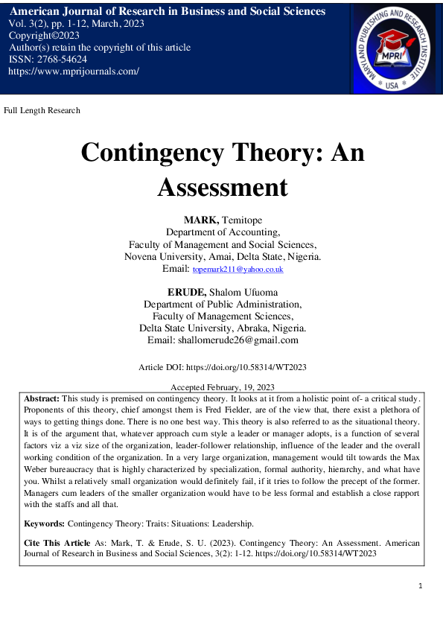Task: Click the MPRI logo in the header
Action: [x=397, y=46]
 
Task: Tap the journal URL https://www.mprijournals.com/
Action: [x=73, y=71]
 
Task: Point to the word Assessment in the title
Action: [x=222, y=186]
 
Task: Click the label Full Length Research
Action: [x=42, y=110]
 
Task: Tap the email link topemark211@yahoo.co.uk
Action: [x=238, y=269]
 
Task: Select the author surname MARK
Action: [x=199, y=220]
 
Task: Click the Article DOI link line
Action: [x=223, y=367]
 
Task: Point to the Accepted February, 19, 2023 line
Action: [x=223, y=387]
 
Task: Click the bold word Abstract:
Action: [x=42, y=399]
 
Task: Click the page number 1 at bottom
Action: [x=421, y=586]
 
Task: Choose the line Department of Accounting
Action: [x=223, y=232]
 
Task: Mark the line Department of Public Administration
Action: [x=223, y=304]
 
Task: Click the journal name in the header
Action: [x=167, y=11]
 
